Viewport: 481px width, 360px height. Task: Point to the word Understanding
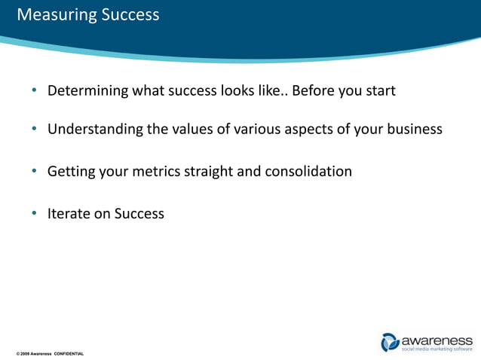pyautogui.click(x=95, y=130)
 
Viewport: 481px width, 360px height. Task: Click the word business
pyautogui.click(x=412, y=129)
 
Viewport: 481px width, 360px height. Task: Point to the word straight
pyautogui.click(x=207, y=172)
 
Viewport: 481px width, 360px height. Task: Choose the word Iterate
pyautogui.click(x=69, y=214)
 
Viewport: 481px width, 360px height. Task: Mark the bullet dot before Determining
pyautogui.click(x=35, y=92)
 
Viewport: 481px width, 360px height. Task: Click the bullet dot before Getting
pyautogui.click(x=35, y=172)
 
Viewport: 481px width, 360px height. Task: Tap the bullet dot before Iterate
pyautogui.click(x=35, y=214)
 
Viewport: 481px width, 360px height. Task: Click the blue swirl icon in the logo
pyautogui.click(x=391, y=341)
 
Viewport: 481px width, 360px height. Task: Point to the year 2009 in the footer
pyautogui.click(x=26, y=353)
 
